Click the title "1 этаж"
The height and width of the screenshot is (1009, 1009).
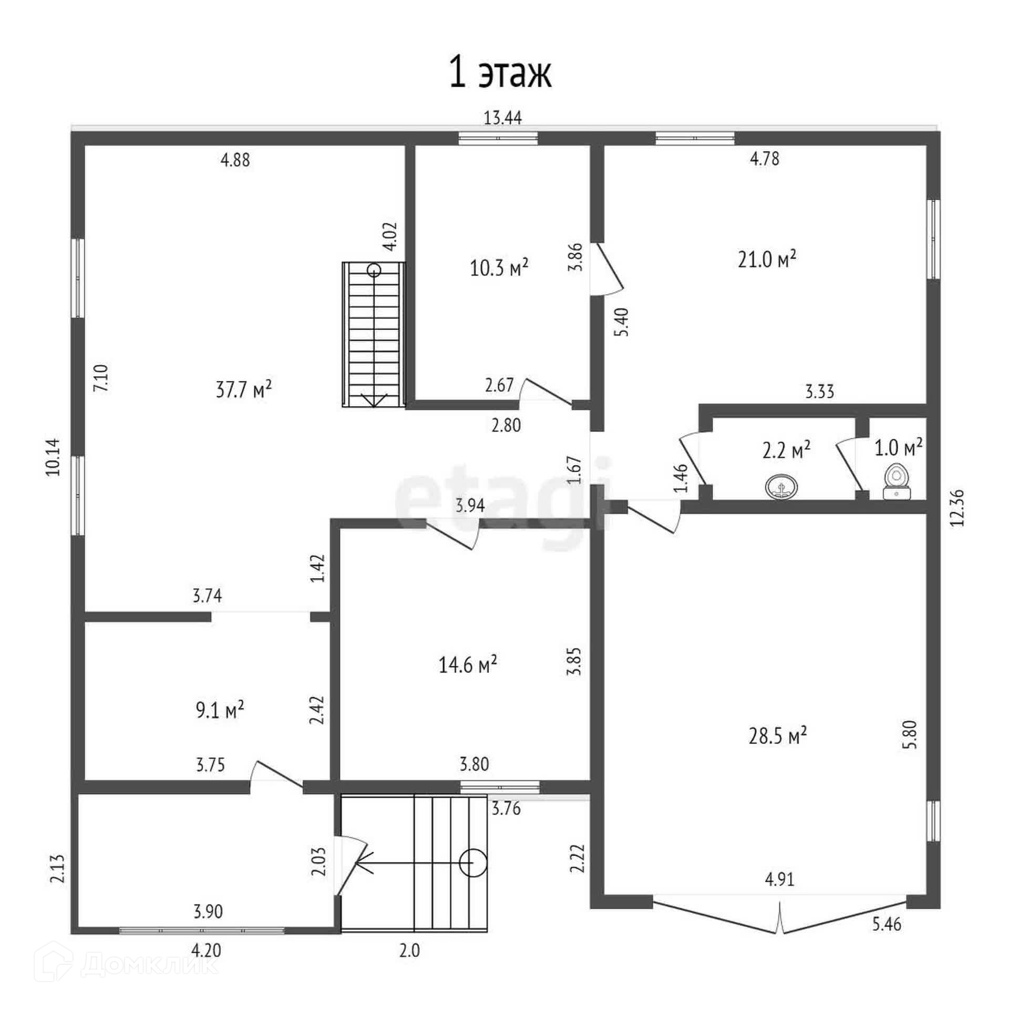click(x=500, y=74)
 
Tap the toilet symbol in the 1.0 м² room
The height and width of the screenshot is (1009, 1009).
click(x=897, y=481)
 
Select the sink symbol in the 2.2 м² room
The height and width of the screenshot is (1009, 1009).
click(x=782, y=486)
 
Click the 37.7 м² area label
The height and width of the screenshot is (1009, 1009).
click(x=244, y=390)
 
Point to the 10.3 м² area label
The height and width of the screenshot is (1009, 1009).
click(x=499, y=268)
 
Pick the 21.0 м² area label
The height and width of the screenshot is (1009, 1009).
click(x=767, y=259)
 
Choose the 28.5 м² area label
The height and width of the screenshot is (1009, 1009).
click(x=778, y=736)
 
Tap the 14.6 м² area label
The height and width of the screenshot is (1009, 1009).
click(x=468, y=665)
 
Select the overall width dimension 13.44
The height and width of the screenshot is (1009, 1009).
click(x=502, y=118)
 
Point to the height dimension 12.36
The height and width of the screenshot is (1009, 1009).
click(x=957, y=507)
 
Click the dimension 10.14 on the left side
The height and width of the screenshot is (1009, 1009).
click(x=53, y=457)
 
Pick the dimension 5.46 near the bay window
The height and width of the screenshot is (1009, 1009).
click(x=887, y=939)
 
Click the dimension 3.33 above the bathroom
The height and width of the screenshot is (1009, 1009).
click(x=820, y=392)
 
